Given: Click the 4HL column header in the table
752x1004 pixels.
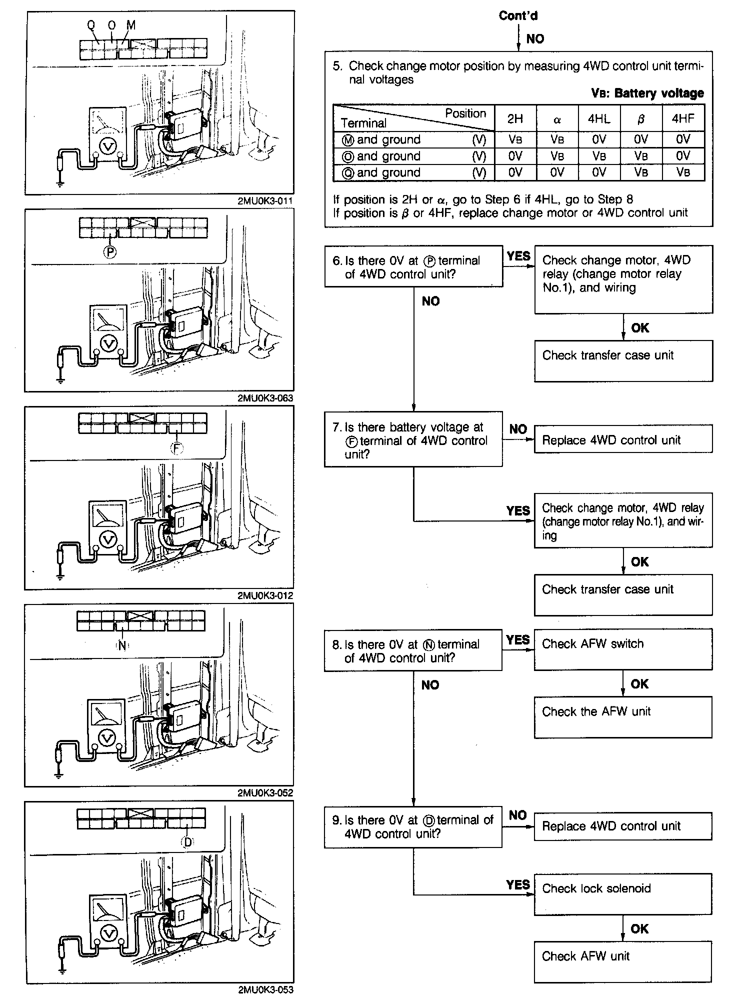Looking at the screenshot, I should tap(599, 119).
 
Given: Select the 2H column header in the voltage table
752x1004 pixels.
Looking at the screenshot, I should tap(515, 119).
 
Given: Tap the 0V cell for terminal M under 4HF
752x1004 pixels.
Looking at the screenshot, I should tap(682, 139).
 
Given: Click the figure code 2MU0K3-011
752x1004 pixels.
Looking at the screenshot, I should tap(265, 201).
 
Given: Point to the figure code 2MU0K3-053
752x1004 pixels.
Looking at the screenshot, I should tap(265, 989).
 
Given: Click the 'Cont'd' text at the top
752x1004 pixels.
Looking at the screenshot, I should tap(518, 16).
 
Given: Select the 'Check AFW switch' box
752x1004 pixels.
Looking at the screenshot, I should tap(623, 649).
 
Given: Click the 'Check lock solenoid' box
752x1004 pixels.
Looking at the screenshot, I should tap(622, 894).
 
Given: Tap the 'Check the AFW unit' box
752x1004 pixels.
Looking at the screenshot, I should tap(622, 717).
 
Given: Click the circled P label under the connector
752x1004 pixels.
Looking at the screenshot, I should tap(109, 252).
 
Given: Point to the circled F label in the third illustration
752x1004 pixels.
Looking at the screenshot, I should tap(177, 448).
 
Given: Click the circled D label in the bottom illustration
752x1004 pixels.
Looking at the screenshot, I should tap(187, 842).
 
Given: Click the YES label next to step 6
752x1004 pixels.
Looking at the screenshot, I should tap(518, 256).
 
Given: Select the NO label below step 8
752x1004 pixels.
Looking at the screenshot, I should tap(430, 684).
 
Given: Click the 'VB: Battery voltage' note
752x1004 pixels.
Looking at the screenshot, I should tap(647, 93).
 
